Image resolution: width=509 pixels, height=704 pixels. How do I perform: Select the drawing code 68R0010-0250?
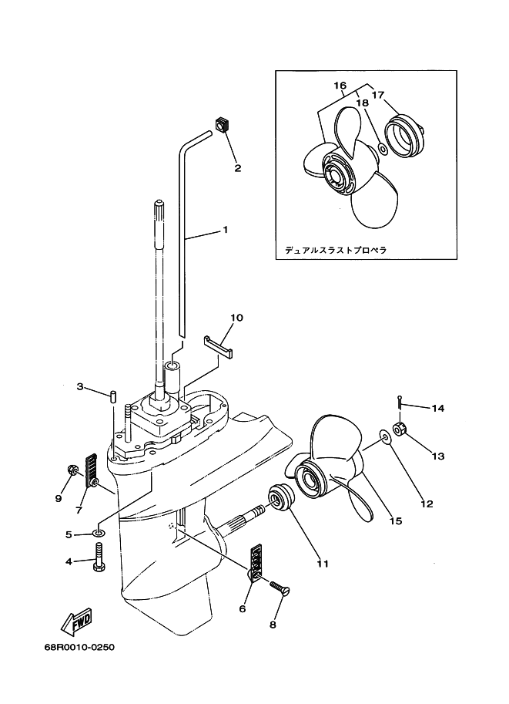(79, 647)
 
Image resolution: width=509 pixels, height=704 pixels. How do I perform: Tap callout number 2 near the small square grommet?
(238, 168)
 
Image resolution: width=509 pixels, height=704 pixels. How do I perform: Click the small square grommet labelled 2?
(222, 124)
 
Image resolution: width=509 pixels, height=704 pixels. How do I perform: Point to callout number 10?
(236, 318)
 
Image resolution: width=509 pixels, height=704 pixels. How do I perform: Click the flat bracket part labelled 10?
(219, 346)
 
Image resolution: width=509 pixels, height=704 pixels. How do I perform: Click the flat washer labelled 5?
(99, 533)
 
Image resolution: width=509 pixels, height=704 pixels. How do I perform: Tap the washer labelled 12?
(384, 435)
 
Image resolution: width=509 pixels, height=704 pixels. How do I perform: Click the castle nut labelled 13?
(399, 429)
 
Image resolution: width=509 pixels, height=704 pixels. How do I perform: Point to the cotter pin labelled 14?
(399, 402)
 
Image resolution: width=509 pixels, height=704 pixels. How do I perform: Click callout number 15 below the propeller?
(396, 520)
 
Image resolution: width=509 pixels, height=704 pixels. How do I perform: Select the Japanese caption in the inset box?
(336, 250)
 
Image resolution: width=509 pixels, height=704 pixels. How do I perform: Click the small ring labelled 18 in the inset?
(383, 149)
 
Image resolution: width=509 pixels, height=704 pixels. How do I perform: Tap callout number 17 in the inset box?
(377, 95)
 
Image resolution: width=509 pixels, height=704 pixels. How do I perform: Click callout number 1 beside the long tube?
(225, 230)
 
